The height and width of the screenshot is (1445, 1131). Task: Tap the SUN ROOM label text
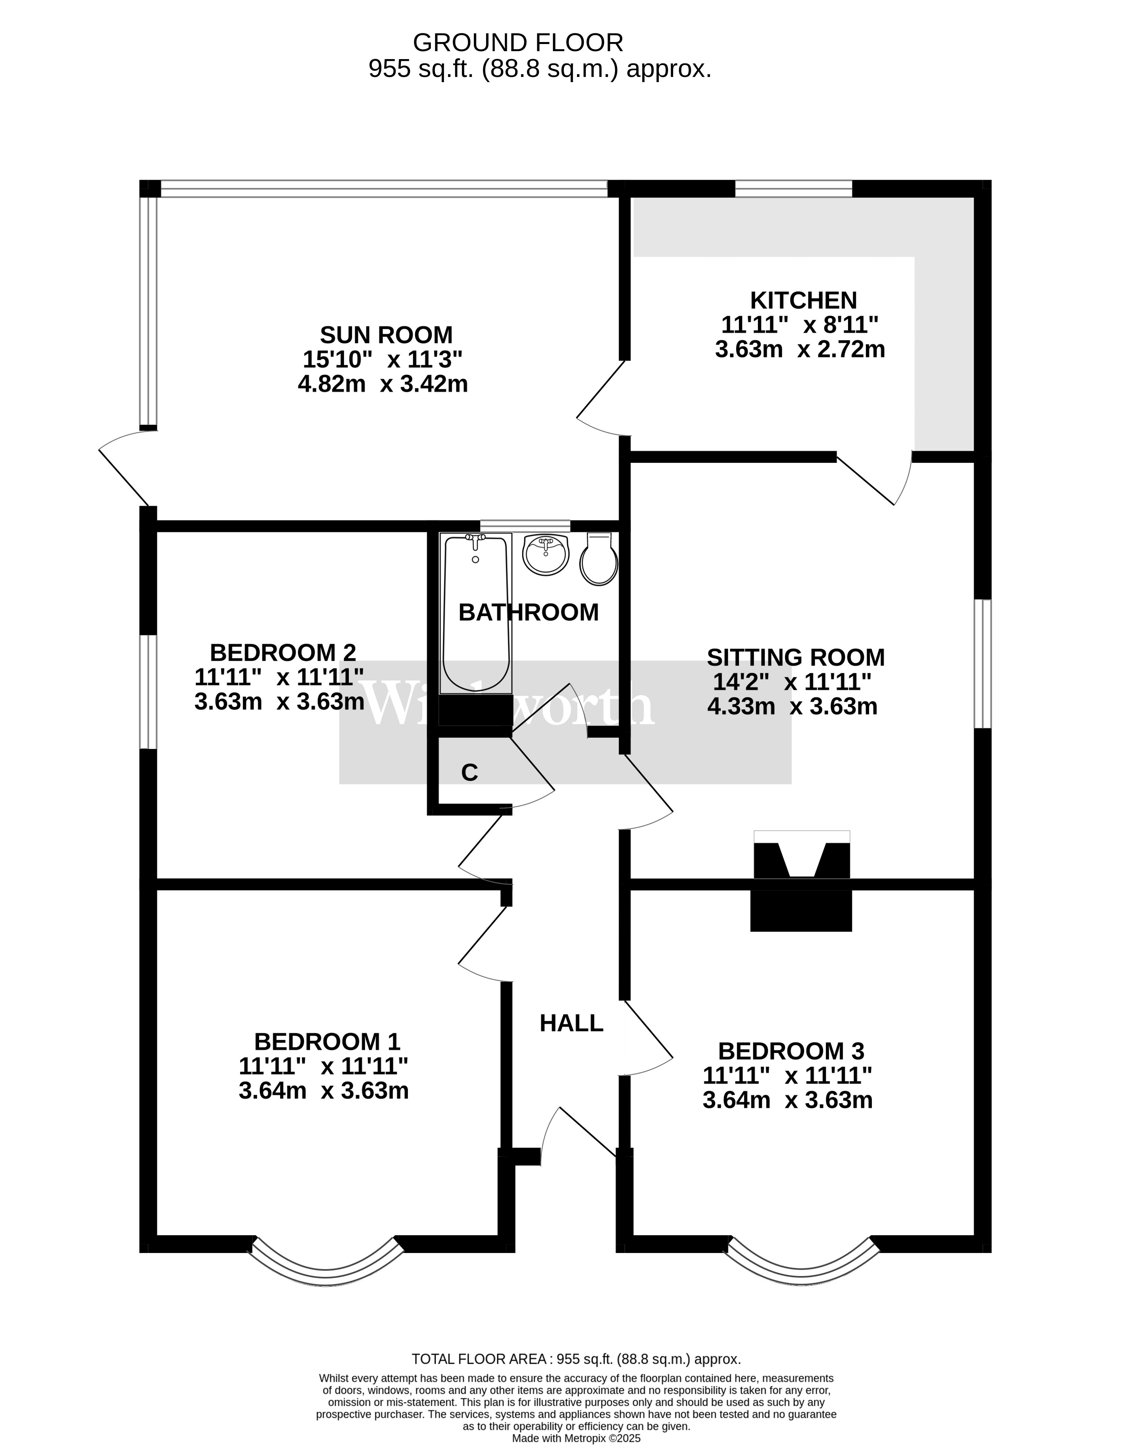(386, 334)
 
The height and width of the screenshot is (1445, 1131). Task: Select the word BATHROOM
(529, 612)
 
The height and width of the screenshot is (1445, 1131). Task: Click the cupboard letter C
(469, 772)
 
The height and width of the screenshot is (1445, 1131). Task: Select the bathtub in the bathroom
(475, 613)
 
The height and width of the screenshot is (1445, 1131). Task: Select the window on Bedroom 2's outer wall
(149, 692)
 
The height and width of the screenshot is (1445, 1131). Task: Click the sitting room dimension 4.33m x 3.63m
(792, 707)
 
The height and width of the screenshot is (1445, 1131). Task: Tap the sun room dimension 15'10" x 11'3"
(382, 359)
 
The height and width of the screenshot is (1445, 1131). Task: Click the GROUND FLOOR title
(518, 42)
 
